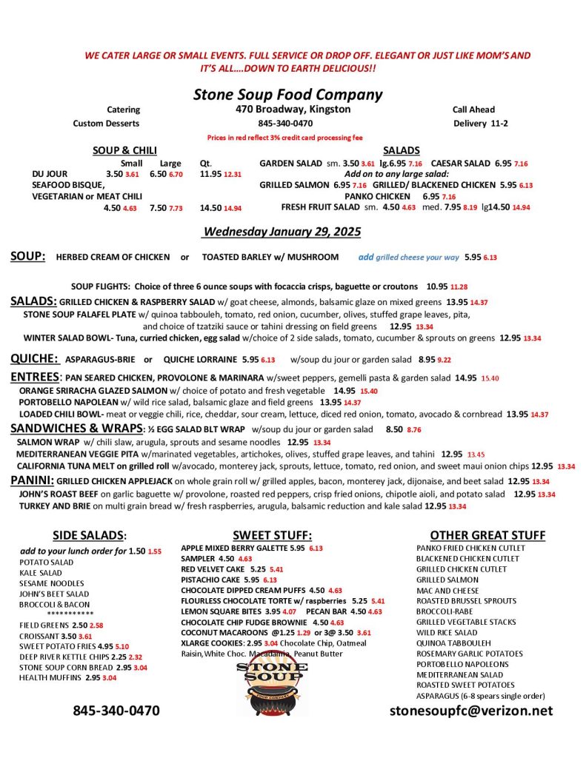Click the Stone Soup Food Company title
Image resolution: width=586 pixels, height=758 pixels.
click(287, 95)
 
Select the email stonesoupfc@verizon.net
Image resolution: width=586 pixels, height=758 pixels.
click(471, 711)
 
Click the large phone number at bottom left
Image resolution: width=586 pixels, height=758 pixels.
click(116, 711)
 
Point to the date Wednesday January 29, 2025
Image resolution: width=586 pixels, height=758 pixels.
click(282, 232)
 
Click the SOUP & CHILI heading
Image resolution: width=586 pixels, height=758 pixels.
click(124, 150)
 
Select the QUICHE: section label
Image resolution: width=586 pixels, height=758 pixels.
click(35, 358)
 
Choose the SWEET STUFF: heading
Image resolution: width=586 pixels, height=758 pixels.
click(272, 535)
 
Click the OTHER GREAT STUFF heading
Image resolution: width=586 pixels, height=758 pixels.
click(487, 535)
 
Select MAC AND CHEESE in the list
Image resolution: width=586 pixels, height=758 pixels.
click(447, 591)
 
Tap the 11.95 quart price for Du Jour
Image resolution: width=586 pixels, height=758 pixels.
click(210, 174)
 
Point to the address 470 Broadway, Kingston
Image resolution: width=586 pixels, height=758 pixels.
click(288, 110)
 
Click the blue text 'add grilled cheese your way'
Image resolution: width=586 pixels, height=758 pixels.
click(408, 258)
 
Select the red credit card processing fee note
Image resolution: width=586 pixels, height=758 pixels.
click(284, 138)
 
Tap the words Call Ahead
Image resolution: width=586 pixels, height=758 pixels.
click(473, 110)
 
